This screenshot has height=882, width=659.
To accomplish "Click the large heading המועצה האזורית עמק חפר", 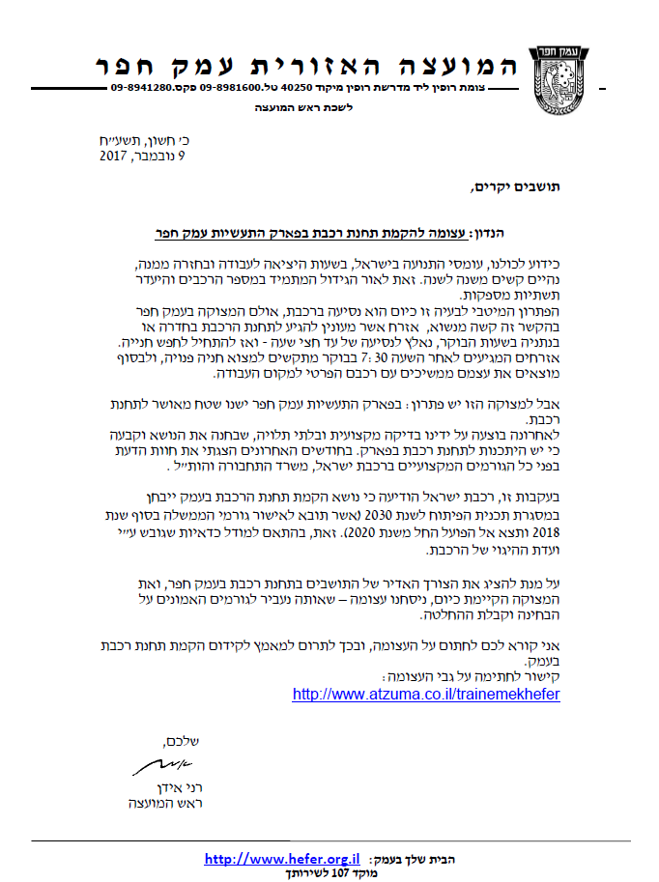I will (307, 66).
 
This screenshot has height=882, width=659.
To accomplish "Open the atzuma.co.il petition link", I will (425, 694).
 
